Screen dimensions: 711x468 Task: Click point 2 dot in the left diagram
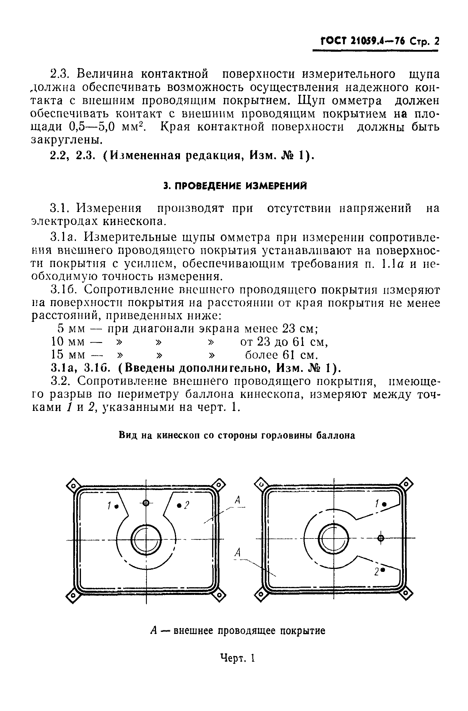(x=179, y=505)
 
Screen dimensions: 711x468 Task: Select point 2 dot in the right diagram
(x=383, y=570)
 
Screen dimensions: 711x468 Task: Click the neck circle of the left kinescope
(x=146, y=539)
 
